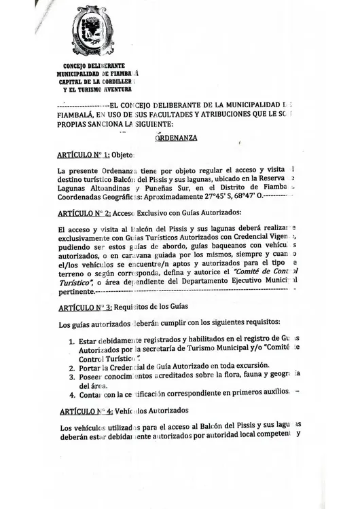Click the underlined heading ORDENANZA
click(177, 137)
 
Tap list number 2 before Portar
click(72, 367)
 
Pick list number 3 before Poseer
click(72, 377)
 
